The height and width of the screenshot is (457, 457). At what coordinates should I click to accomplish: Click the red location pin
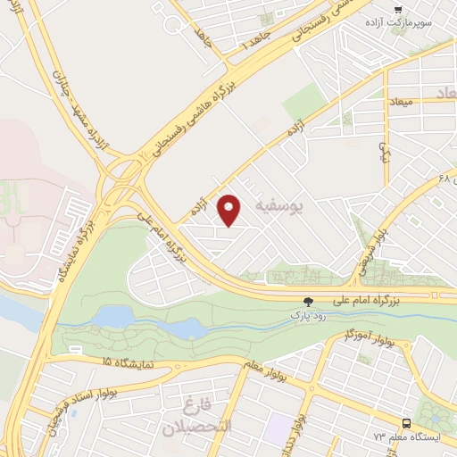coord(230,210)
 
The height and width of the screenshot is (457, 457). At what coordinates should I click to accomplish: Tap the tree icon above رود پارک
coord(309,301)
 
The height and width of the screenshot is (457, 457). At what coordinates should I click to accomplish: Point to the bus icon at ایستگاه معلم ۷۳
coord(407,423)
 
